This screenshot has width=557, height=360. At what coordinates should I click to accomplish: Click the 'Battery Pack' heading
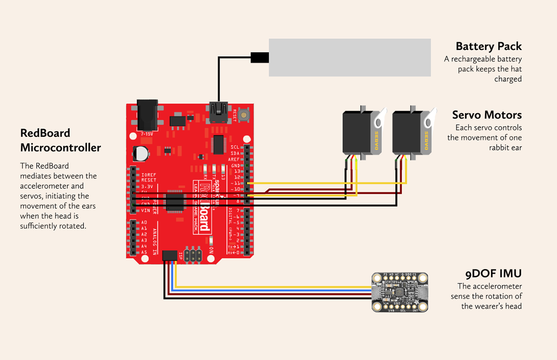pos(488,46)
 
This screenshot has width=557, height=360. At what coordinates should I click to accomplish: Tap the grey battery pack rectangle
pos(350,58)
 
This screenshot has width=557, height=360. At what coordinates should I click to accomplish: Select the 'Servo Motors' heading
pos(487,115)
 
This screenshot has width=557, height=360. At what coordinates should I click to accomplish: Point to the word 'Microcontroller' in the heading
pos(60,148)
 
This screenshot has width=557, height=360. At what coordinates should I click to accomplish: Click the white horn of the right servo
pos(430,120)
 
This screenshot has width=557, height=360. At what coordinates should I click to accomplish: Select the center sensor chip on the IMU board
pos(398,292)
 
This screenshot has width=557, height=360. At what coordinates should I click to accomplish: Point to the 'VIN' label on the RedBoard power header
pos(146,210)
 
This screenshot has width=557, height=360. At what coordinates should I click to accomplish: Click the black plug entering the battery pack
pos(259,58)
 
